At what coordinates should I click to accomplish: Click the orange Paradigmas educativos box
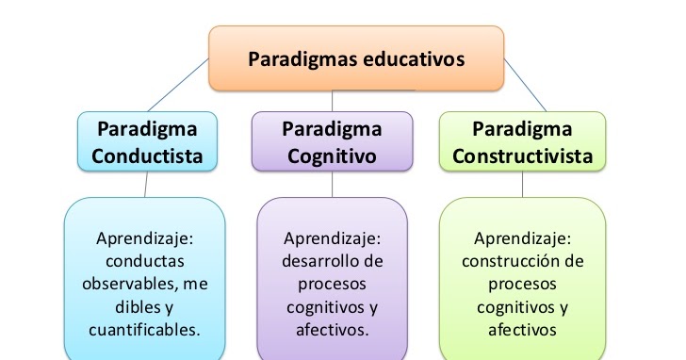(355, 58)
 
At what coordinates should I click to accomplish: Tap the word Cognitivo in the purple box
(331, 155)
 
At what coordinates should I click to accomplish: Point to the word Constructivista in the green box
(522, 155)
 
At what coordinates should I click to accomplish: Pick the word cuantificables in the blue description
(144, 330)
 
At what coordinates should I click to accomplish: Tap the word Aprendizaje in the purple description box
(331, 237)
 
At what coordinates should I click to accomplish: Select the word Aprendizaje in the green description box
(522, 237)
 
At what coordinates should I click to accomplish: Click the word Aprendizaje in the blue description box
(144, 237)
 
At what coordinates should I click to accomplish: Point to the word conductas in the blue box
(144, 260)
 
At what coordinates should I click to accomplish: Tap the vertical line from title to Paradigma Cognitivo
(332, 101)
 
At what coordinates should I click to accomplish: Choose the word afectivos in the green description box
(522, 330)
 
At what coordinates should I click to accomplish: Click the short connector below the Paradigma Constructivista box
(522, 184)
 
